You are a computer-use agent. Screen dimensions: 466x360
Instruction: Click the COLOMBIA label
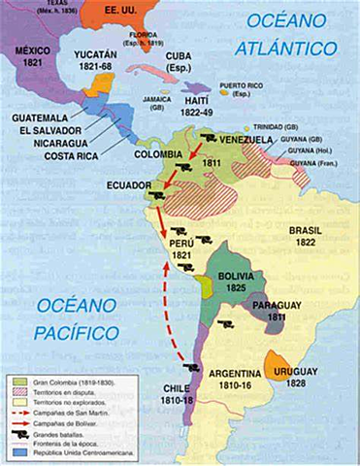pos(159,153)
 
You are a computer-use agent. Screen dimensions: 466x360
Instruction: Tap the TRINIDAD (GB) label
pos(280,125)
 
